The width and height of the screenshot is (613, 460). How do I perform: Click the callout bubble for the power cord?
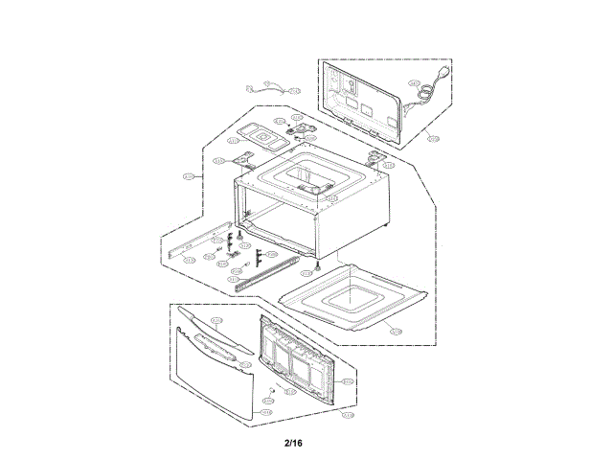[x=415, y=83]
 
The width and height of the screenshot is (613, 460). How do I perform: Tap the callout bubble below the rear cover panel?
[x=432, y=139]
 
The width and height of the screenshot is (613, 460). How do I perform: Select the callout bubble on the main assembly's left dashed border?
[x=188, y=177]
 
